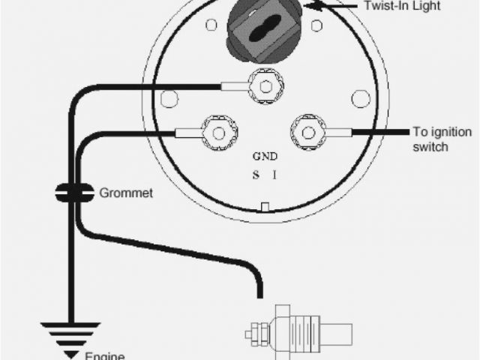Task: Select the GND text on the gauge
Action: tap(265, 157)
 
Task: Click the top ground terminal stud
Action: tap(264, 85)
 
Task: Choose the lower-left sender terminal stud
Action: tap(218, 133)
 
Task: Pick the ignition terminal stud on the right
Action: tap(307, 133)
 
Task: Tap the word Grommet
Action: tap(126, 193)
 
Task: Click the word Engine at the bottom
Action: tap(104, 355)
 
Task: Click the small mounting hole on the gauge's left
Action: tap(169, 97)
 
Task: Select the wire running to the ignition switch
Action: tap(379, 133)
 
